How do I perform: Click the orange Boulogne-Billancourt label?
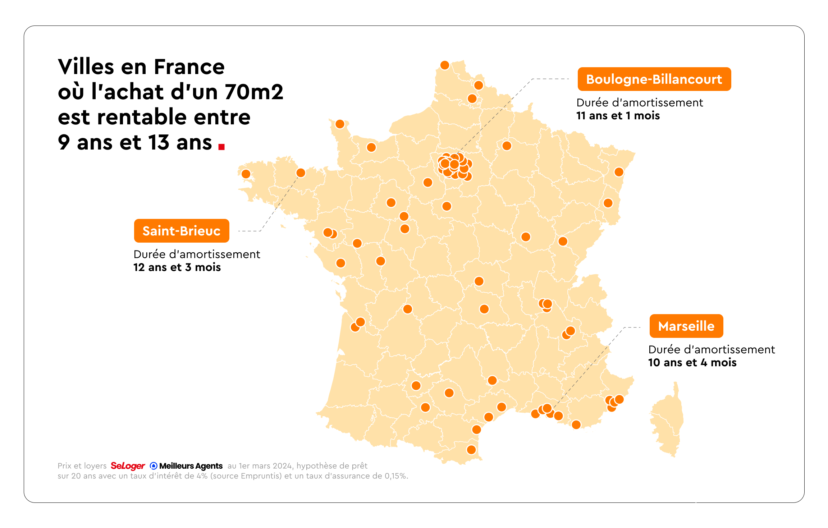pyautogui.click(x=654, y=79)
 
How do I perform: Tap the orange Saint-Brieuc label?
pyautogui.click(x=181, y=231)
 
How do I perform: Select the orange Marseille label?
pyautogui.click(x=686, y=326)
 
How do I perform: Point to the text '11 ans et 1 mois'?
pyautogui.click(x=618, y=116)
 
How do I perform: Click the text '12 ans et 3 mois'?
pyautogui.click(x=177, y=267)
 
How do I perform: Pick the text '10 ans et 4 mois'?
pyautogui.click(x=692, y=362)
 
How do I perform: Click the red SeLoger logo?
pyautogui.click(x=128, y=466)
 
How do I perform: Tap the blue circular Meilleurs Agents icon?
pyautogui.click(x=154, y=466)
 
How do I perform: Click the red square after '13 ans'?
pyautogui.click(x=221, y=146)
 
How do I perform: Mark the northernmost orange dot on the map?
pyautogui.click(x=445, y=65)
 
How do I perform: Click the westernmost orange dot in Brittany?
pyautogui.click(x=246, y=174)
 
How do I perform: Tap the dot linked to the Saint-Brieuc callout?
pyautogui.click(x=301, y=173)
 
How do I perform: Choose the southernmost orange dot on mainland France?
pyautogui.click(x=471, y=450)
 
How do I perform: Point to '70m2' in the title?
pyautogui.click(x=254, y=92)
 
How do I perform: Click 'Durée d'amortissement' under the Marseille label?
pyautogui.click(x=711, y=349)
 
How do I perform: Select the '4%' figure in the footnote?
pyautogui.click(x=202, y=476)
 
